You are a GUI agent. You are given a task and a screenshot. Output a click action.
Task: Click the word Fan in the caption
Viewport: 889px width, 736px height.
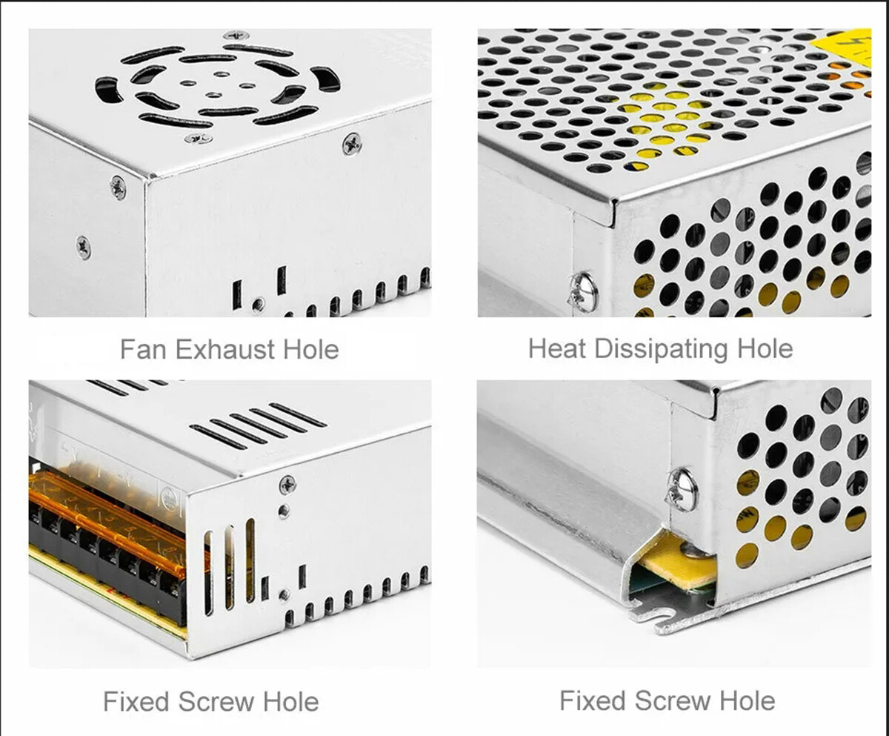tap(143, 350)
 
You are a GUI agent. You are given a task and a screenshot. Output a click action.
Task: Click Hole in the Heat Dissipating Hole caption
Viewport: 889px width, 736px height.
tap(765, 349)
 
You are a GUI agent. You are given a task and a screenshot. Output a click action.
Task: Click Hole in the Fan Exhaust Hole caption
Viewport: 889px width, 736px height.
tap(311, 350)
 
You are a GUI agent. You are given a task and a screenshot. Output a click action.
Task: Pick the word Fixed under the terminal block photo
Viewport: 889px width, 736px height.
tap(136, 701)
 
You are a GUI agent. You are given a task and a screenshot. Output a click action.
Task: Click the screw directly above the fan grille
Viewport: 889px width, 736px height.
tap(236, 35)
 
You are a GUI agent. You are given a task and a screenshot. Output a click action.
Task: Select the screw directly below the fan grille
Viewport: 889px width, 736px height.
tap(199, 138)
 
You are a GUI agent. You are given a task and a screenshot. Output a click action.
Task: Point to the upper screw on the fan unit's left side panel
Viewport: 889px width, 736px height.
tap(118, 188)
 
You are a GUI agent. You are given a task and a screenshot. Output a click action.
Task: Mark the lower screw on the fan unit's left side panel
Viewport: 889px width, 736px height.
tap(84, 248)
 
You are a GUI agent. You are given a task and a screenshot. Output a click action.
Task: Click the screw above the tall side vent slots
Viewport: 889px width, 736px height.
tap(288, 485)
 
